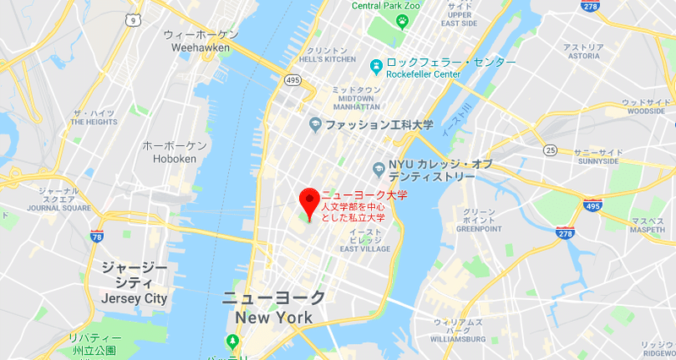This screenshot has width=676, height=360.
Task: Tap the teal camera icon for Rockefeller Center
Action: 376,64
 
